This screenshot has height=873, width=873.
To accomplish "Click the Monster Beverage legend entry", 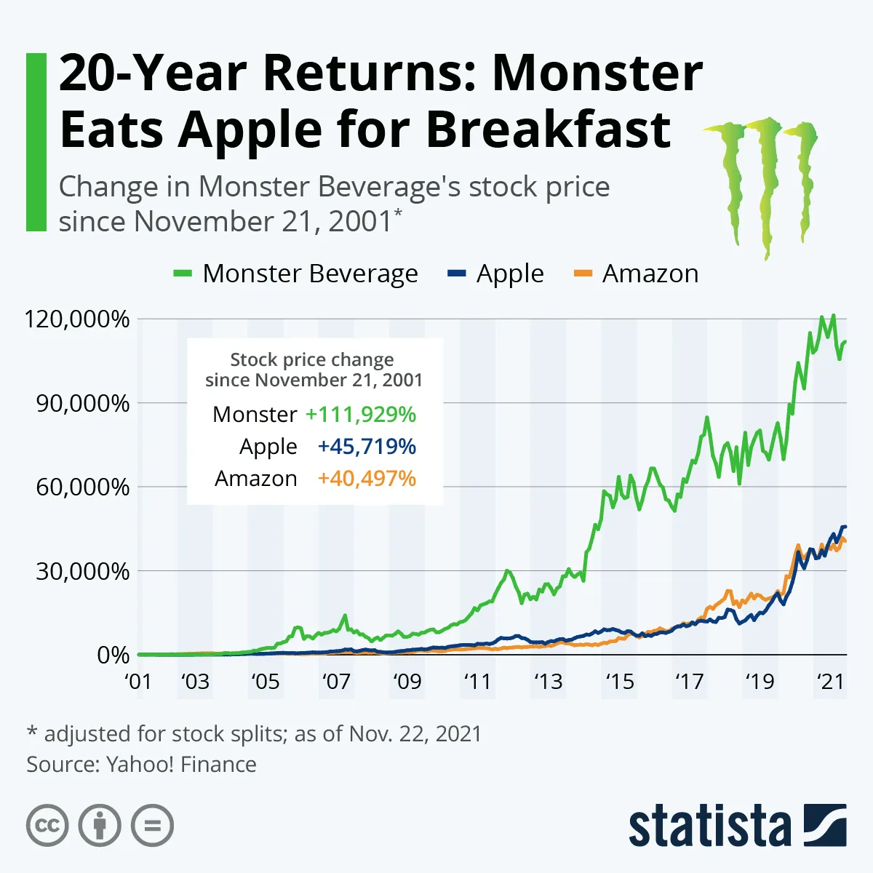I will point(295,274).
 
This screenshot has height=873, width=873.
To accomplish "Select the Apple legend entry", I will point(495,274).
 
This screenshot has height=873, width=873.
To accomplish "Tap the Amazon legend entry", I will point(637,274).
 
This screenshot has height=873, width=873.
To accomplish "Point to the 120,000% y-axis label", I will point(76,319).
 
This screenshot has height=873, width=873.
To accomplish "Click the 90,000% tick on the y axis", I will point(82,403).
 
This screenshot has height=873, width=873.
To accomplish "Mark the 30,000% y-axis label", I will point(82,571).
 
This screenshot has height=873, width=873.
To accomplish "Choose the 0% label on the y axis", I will point(113,655).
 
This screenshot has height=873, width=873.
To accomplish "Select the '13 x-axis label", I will point(548,682).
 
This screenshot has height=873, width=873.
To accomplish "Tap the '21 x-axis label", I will point(830,682).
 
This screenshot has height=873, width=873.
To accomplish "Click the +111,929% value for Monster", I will point(361,414).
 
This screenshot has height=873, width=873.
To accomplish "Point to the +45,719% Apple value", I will point(367,446).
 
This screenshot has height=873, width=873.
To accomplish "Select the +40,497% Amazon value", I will point(367,478).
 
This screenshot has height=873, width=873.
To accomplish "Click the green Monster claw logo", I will point(761,182).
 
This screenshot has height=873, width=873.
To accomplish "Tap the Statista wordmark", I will point(709,826).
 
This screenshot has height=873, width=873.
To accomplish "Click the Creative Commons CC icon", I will point(47,826).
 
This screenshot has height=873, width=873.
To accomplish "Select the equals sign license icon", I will point(152,826).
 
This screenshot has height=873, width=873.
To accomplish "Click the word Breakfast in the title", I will point(548,129).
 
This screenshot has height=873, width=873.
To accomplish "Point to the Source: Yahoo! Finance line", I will point(141,765).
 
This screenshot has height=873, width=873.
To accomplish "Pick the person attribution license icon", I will point(100,826).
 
